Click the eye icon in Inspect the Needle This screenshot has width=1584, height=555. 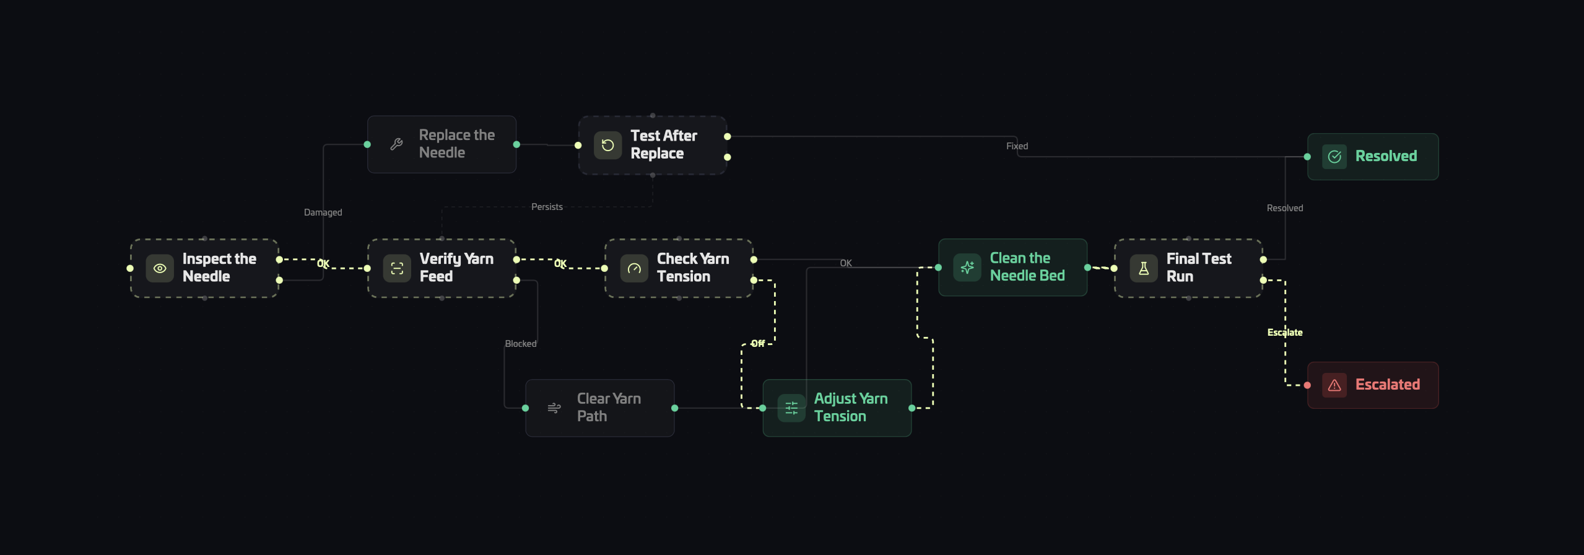pos(160,268)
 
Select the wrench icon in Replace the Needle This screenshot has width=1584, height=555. pos(396,144)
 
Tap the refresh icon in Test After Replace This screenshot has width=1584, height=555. pos(608,145)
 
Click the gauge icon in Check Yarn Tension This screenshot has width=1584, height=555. pos(634,268)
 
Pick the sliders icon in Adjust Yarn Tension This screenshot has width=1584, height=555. pos(791,408)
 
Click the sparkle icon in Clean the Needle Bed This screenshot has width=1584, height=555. pos(967,268)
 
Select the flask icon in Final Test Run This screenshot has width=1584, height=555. pos(1144,268)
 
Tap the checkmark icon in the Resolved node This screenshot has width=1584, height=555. pos(1334,157)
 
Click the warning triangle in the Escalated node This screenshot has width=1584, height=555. pos(1334,385)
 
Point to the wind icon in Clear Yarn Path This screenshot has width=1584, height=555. pos(554,408)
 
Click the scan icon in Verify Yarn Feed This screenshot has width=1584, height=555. pos(397,268)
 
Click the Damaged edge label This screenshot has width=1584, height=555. pos(323,212)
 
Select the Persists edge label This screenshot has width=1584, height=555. pos(547,207)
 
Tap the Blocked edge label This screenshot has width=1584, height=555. pos(521,344)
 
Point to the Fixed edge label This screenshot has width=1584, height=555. pos(1017,146)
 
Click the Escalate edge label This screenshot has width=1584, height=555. pos(1285,333)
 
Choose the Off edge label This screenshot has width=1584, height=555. pos(758,343)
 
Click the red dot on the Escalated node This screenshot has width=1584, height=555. pos(1307,385)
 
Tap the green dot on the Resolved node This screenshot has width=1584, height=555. pos(1307,157)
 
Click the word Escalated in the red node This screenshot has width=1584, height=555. pos(1388,385)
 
